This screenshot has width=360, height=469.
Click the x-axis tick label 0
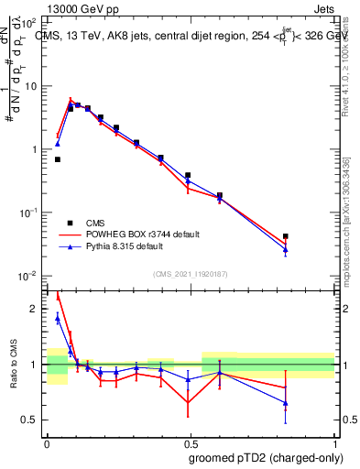coord(48,443)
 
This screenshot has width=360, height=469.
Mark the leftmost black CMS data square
coord(58,159)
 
